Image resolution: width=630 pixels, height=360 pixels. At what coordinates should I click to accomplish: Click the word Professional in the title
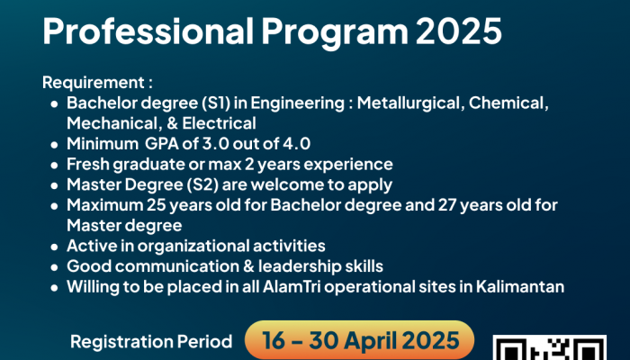[148, 31]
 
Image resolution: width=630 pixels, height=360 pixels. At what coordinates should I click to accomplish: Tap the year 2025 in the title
[458, 31]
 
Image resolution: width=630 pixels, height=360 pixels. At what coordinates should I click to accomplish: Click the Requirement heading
[97, 83]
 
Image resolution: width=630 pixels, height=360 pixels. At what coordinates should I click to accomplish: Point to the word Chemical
[508, 103]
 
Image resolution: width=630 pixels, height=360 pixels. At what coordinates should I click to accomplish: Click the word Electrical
[219, 123]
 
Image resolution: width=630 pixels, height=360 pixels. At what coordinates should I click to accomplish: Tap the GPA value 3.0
[216, 144]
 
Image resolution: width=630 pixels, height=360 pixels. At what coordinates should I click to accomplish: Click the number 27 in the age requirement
[446, 205]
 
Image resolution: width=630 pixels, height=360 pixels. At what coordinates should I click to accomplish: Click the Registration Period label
[151, 341]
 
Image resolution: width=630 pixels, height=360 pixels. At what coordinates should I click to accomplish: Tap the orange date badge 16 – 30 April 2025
[360, 340]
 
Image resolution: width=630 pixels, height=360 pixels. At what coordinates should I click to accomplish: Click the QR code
[550, 347]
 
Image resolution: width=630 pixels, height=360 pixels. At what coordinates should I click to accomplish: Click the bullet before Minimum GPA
[55, 145]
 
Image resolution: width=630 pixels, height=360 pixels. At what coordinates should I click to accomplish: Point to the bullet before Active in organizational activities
[55, 247]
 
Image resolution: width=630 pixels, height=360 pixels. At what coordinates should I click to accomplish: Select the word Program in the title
[335, 32]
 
